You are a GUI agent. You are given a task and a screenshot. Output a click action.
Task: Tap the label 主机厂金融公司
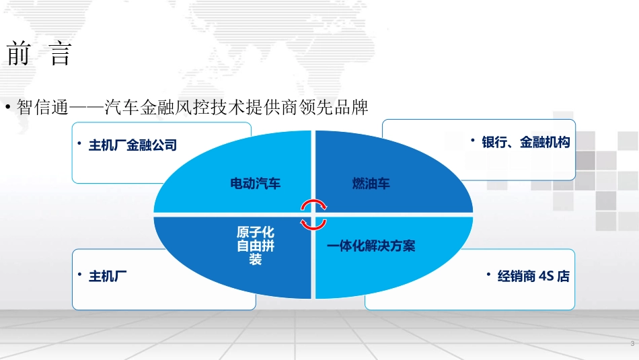click(x=133, y=145)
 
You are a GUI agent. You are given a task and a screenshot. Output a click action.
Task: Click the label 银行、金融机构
click(x=526, y=143)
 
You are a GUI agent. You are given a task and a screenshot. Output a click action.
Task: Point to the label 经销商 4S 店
click(x=533, y=277)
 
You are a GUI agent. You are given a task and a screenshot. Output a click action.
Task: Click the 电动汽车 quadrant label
click(x=256, y=183)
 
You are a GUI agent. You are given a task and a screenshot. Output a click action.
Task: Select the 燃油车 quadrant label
click(x=371, y=183)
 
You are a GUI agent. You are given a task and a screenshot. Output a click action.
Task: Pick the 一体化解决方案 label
click(x=371, y=246)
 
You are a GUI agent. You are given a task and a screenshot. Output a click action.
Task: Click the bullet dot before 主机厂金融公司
click(x=79, y=143)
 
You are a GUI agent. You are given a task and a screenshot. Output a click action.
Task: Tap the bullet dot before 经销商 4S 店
click(x=488, y=275)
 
